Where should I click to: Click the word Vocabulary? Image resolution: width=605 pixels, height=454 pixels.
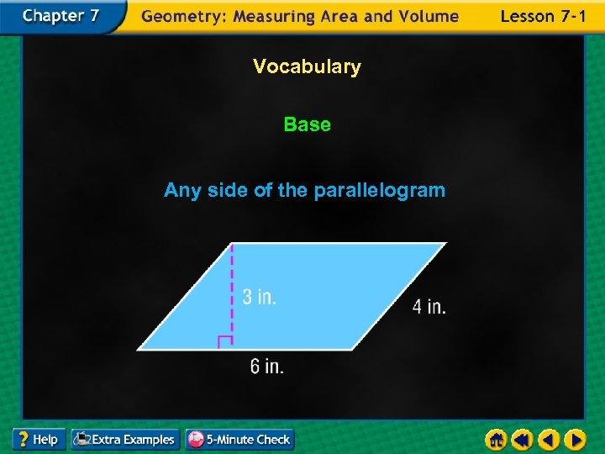[307, 66]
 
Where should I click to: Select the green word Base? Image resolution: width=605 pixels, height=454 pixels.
[307, 124]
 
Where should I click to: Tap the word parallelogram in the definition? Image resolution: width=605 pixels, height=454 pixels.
[379, 191]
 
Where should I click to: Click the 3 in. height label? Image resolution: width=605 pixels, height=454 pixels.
[259, 297]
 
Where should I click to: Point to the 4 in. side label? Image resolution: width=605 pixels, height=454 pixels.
[429, 307]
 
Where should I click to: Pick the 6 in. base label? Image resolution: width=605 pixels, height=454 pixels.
[266, 367]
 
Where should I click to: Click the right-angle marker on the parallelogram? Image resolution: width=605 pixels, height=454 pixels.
[224, 341]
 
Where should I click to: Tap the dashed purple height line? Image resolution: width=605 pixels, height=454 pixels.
[232, 286]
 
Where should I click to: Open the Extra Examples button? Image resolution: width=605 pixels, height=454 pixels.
[125, 439]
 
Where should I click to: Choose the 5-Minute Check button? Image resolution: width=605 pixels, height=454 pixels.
[239, 439]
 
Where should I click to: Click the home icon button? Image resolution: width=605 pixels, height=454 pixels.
[496, 439]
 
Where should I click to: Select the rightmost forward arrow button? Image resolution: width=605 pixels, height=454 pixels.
[575, 439]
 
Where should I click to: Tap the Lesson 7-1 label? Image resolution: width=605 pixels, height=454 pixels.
[543, 16]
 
